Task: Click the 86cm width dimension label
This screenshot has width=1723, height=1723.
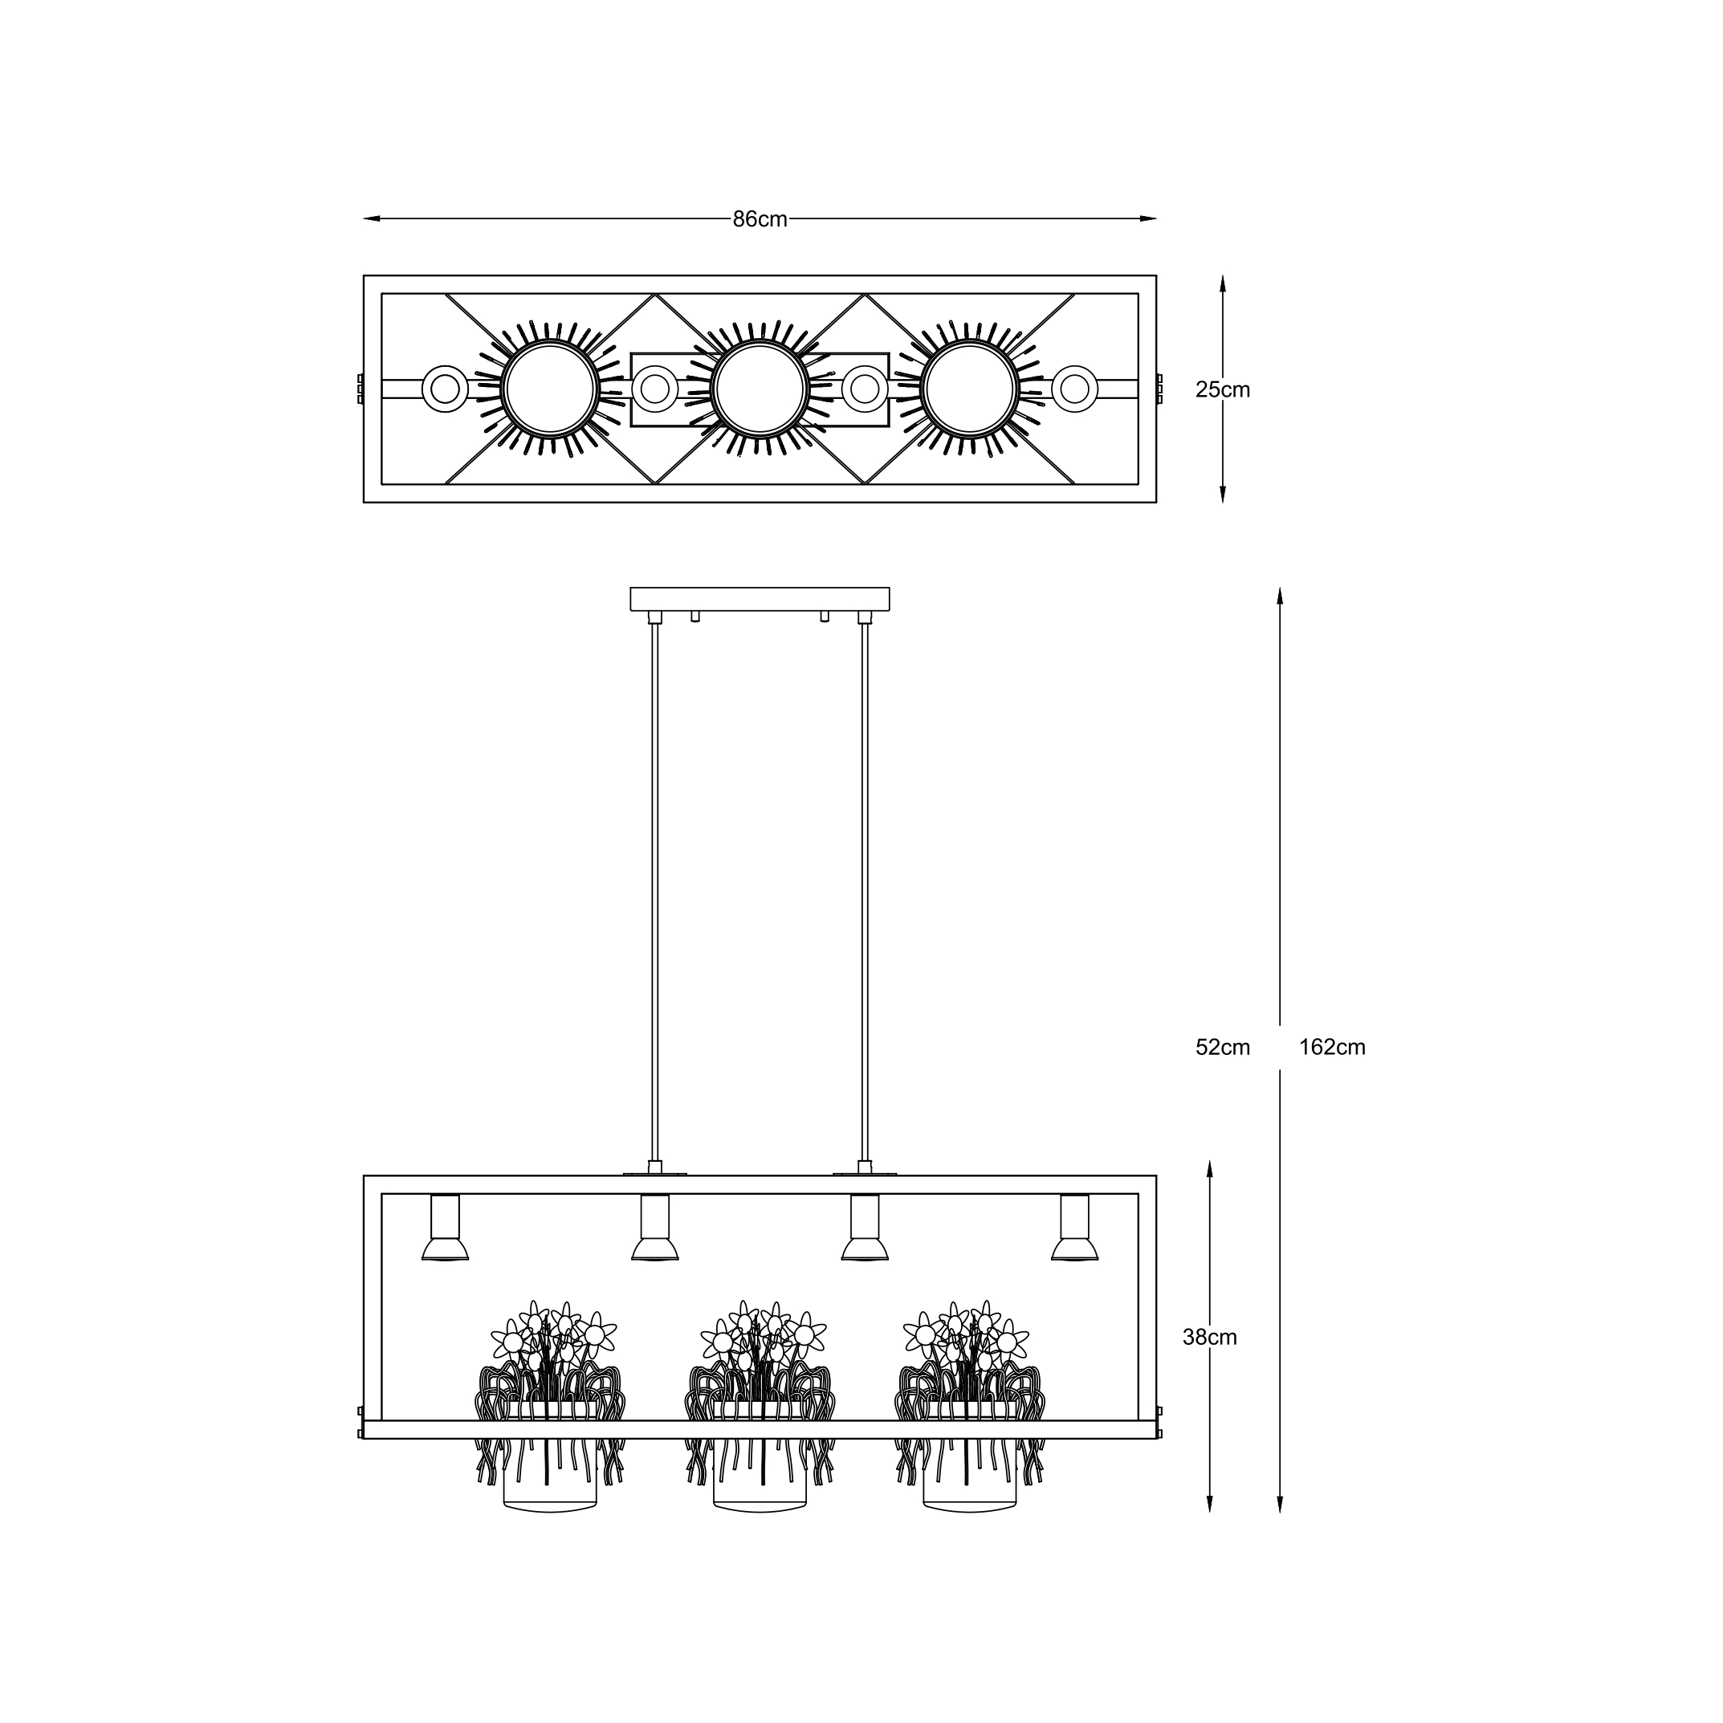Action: click(x=760, y=219)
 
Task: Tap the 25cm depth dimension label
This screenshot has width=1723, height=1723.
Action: click(x=1222, y=389)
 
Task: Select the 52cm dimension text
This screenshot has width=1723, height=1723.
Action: click(x=1222, y=1048)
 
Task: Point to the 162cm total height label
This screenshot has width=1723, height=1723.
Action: click(x=1331, y=1048)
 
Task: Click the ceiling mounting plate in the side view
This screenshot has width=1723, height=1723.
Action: click(x=760, y=598)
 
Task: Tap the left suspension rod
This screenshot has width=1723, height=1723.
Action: click(x=654, y=892)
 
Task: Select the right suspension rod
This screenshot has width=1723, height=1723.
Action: click(x=864, y=892)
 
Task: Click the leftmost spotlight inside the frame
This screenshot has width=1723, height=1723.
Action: click(x=445, y=1228)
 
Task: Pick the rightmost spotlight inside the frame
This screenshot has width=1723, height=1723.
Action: click(x=1073, y=1228)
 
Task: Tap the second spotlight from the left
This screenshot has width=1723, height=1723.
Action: click(x=654, y=1228)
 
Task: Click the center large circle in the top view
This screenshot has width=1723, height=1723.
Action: click(x=760, y=389)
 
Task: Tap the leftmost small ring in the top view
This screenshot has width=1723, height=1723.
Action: click(x=445, y=389)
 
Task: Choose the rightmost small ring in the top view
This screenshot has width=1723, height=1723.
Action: click(x=1073, y=389)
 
